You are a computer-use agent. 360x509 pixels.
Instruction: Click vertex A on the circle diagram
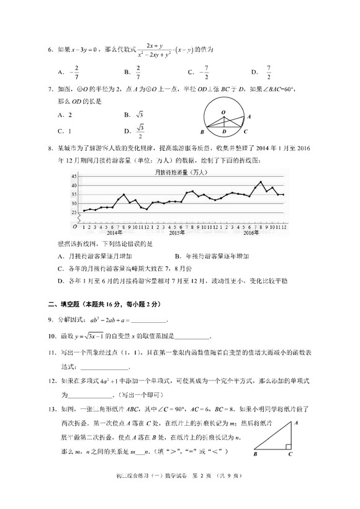coord(248,116)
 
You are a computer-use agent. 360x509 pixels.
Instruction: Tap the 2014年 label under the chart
coord(114,233)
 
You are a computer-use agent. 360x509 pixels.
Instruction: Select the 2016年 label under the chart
coord(251,233)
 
